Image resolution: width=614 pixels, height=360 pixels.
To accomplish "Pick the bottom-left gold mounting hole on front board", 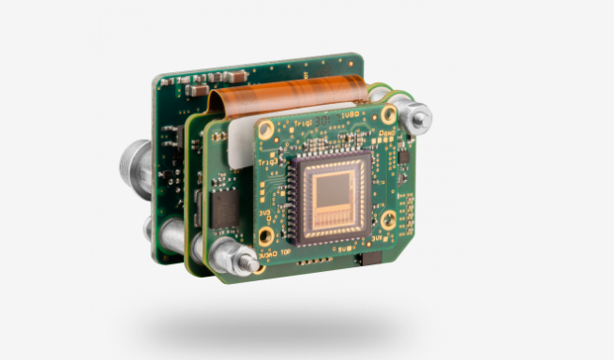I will pyautogui.click(x=266, y=236).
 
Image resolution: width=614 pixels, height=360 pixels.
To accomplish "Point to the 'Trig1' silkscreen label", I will pyautogui.click(x=301, y=123).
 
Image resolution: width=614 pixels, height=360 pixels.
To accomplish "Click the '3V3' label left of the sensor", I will pyautogui.click(x=263, y=214).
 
